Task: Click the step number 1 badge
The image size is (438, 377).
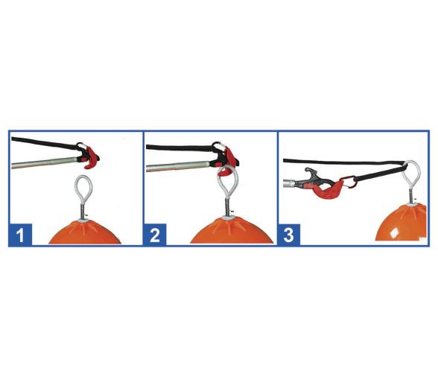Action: click(20, 235)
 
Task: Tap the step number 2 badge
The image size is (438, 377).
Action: click(155, 235)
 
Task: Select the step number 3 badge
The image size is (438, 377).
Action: click(289, 235)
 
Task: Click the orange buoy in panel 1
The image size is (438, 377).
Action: click(85, 232)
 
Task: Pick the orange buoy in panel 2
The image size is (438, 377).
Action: click(232, 231)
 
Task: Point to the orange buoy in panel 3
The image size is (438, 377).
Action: click(401, 223)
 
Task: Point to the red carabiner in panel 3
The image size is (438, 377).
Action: click(349, 182)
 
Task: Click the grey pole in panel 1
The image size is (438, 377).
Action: click(44, 163)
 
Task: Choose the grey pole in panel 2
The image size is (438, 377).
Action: click(178, 166)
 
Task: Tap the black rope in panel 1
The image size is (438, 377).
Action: click(44, 143)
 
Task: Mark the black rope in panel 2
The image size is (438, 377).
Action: click(179, 148)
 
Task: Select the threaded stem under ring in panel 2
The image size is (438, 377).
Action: click(228, 206)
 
